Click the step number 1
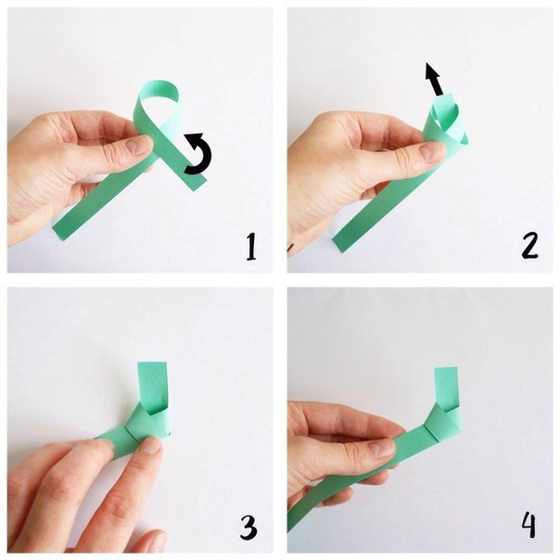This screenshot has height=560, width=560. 251,247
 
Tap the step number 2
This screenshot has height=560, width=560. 529,246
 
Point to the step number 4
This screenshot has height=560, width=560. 528,525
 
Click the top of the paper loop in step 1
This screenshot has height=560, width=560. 159,85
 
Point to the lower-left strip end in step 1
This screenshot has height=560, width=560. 59,233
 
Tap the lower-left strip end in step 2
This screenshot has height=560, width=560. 338,244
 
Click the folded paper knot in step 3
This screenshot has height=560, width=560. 148,423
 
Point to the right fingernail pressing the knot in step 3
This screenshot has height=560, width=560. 151,447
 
